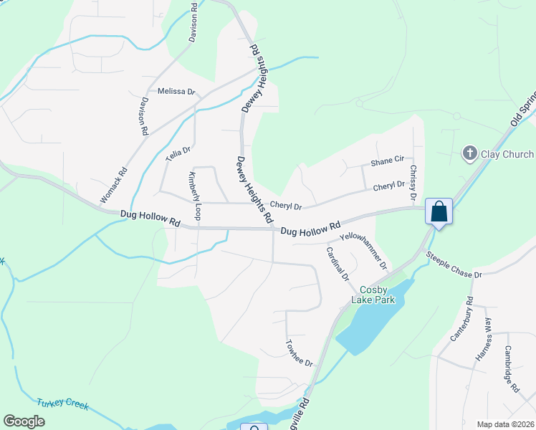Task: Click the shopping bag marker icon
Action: (x=439, y=212)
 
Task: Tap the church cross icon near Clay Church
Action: (x=469, y=153)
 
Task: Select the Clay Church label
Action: (x=507, y=154)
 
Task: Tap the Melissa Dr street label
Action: (x=176, y=92)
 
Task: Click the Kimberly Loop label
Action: (x=194, y=196)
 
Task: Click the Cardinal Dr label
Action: (x=337, y=264)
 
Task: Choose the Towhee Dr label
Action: (x=300, y=353)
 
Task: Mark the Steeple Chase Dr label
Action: (x=464, y=264)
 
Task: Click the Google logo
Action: (x=24, y=421)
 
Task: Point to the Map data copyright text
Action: (x=504, y=424)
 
